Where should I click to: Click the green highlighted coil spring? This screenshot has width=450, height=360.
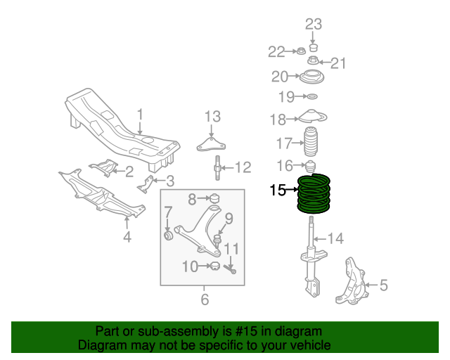pos(314,194)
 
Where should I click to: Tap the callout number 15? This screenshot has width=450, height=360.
pos(278,190)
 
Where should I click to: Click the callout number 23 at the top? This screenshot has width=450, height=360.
pos(314,24)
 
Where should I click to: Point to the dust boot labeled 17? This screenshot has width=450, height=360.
pos(309,143)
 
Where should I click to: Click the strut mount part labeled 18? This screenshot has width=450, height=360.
pos(312,117)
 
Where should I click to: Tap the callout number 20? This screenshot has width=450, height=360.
pos(280,76)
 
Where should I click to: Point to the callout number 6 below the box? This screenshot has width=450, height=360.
pos(205,300)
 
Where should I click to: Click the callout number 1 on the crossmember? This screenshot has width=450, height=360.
pos(139,113)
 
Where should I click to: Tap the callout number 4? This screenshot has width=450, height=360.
pos(127,237)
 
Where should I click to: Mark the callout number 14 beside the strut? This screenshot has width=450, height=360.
pos(335,239)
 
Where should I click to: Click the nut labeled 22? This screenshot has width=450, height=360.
pos(300,51)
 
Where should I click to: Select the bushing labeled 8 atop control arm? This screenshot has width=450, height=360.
pos(216,198)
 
